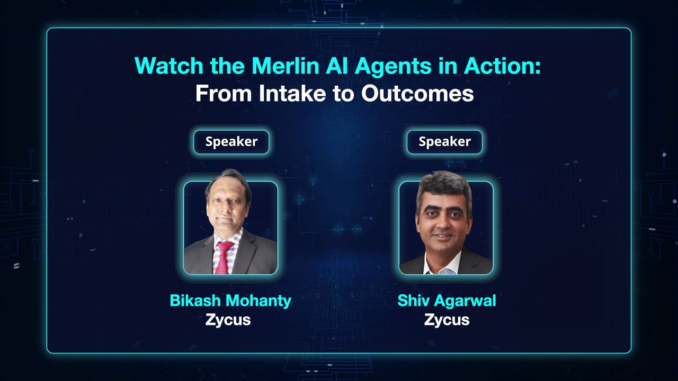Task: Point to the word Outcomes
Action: coord(417,93)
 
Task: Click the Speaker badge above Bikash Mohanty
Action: coord(231,142)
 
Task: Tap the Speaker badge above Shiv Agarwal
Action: coord(444,142)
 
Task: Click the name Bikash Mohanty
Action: coord(230,301)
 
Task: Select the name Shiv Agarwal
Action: coord(447,301)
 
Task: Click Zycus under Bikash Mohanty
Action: coord(228,320)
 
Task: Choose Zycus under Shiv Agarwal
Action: coord(447,320)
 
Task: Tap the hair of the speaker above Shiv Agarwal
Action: coord(444,185)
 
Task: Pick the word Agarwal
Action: coord(467,301)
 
